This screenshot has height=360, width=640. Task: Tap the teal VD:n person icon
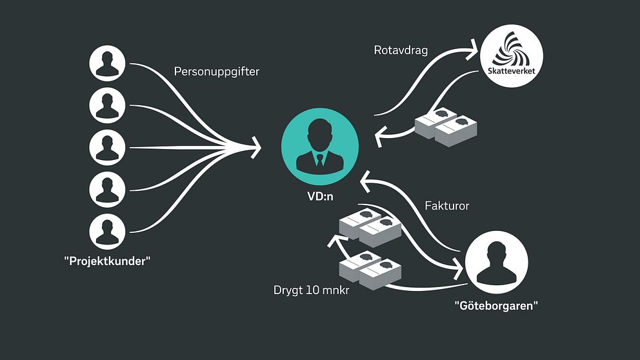click(321, 146)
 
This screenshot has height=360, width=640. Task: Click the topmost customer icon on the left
click(106, 63)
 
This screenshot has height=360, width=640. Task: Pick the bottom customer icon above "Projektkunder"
click(106, 231)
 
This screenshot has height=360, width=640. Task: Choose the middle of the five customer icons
click(106, 146)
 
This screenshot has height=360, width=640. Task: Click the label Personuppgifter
click(216, 72)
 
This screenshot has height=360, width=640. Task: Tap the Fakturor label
click(446, 206)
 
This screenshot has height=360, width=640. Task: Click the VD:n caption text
click(320, 196)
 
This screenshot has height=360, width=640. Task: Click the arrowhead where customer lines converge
click(256, 147)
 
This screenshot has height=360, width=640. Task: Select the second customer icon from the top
click(106, 105)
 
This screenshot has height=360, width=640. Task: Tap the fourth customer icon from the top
click(106, 189)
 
